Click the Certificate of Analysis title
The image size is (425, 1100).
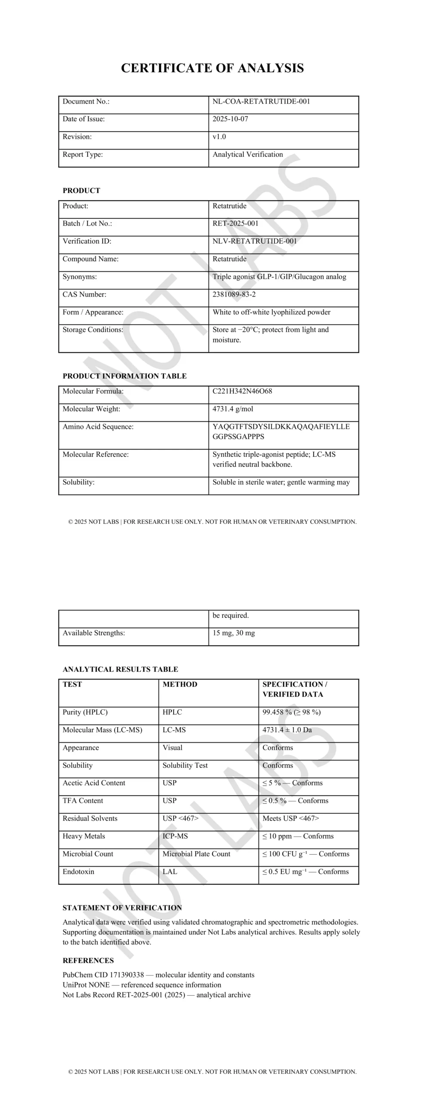pyautogui.click(x=212, y=68)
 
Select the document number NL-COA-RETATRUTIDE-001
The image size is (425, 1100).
pyautogui.click(x=261, y=101)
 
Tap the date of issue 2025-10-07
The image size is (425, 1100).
pyautogui.click(x=230, y=119)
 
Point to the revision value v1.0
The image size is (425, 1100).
pyautogui.click(x=219, y=137)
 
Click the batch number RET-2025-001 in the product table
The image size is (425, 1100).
pyautogui.click(x=235, y=223)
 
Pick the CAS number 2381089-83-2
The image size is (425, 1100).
pyautogui.click(x=234, y=294)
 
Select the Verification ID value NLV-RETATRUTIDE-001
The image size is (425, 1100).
pyautogui.click(x=254, y=241)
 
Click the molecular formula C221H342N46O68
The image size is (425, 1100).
pyautogui.click(x=242, y=391)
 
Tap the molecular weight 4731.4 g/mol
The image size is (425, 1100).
pyautogui.click(x=233, y=409)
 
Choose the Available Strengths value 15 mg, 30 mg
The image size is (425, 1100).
pyautogui.click(x=234, y=633)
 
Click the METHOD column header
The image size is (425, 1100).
pyautogui.click(x=180, y=684)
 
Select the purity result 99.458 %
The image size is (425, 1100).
pyautogui.click(x=277, y=712)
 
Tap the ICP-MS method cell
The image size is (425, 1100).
pyautogui.click(x=175, y=836)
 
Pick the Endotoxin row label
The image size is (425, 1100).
pyautogui.click(x=78, y=871)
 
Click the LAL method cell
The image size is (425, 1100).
pyautogui.click(x=170, y=871)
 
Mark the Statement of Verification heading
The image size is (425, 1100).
pyautogui.click(x=122, y=908)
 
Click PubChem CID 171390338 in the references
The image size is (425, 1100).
pyautogui.click(x=103, y=975)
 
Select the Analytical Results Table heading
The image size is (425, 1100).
pyautogui.click(x=120, y=669)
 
